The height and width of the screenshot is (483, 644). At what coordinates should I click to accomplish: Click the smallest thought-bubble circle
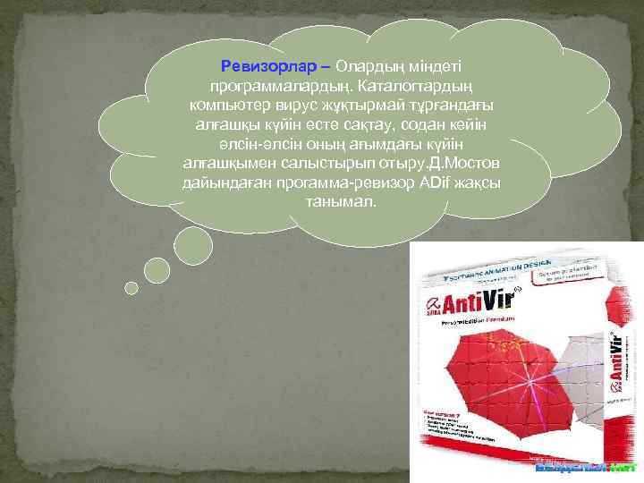131,288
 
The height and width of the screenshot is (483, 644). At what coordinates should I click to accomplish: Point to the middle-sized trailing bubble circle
157,270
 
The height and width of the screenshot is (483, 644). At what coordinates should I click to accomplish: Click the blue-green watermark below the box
586,467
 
